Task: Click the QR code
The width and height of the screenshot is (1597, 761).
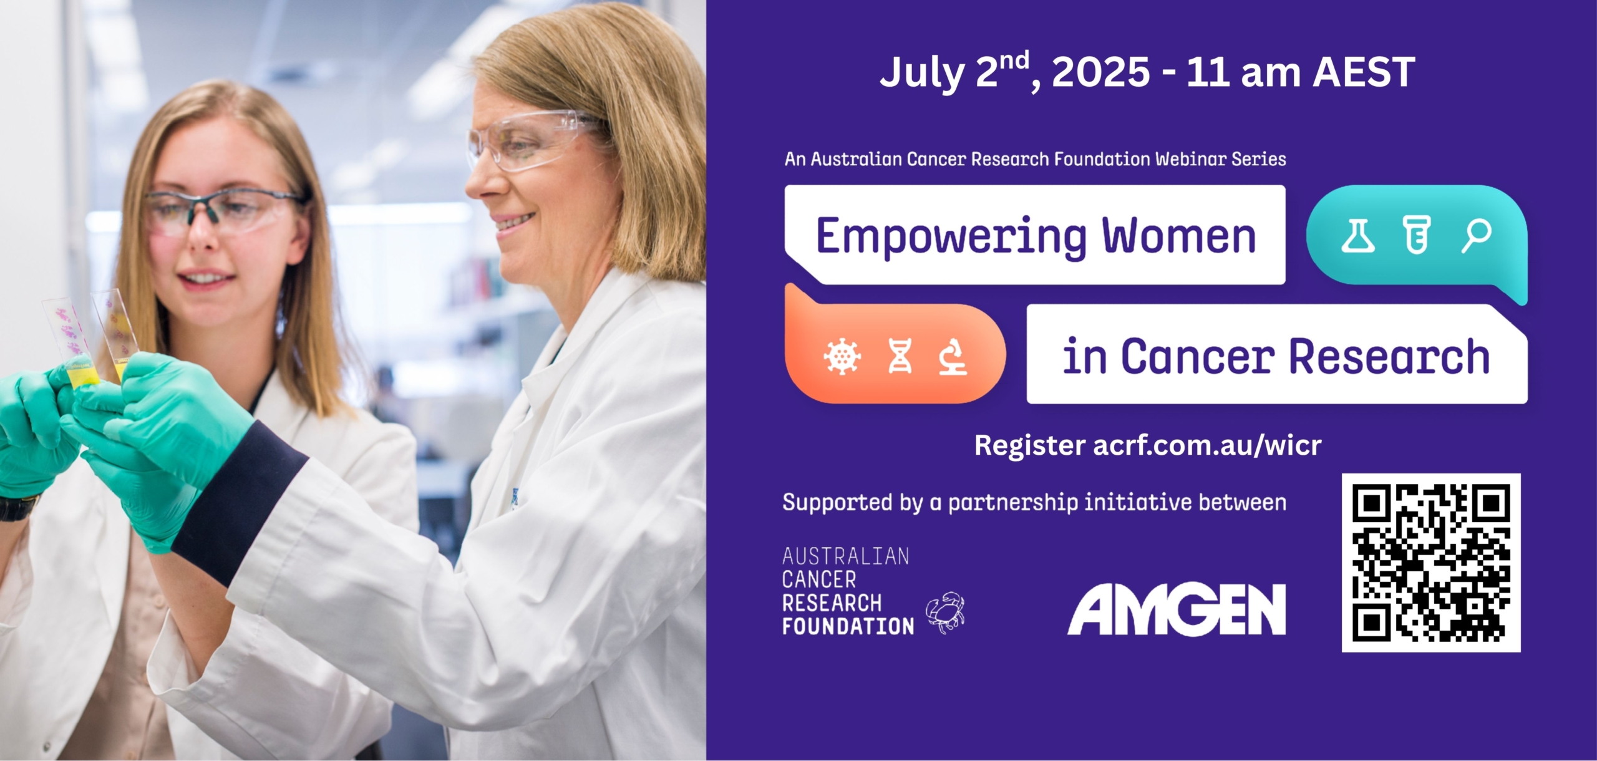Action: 1431,563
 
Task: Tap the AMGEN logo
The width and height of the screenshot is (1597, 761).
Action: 1177,609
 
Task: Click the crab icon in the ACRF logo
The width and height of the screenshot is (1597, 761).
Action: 945,612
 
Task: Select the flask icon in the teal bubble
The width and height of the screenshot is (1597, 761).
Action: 1358,236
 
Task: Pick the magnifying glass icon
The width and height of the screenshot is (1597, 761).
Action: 1477,236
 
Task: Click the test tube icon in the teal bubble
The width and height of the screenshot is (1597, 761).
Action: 1417,235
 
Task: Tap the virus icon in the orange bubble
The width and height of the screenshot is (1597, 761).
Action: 842,357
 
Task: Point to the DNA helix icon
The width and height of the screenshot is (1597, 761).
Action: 900,356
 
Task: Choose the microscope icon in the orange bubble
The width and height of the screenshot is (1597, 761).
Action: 953,356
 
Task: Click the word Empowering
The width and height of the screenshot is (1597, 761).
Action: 952,238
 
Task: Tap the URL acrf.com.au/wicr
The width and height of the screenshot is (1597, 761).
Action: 1207,445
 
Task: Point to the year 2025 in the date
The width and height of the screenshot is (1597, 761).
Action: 1101,72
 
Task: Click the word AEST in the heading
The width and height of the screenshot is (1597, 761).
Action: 1364,72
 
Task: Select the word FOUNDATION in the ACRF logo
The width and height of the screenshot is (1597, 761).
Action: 848,626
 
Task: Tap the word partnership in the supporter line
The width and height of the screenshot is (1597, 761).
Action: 1013,503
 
